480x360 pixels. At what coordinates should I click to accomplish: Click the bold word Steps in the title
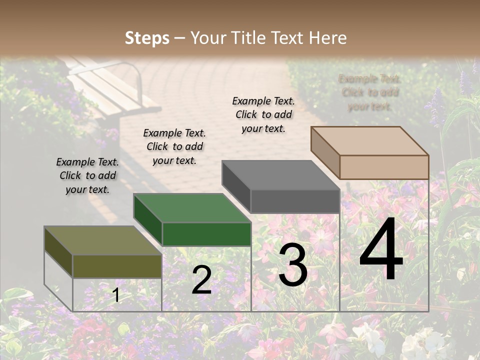pos(146,38)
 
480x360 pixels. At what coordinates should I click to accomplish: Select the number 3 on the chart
pos(292,265)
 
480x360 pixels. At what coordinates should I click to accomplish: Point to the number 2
pos(201,280)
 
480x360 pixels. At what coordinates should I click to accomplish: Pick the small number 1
pos(116,295)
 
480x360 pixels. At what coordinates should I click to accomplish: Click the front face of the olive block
pos(117,266)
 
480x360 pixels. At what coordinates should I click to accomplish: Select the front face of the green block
pos(206,233)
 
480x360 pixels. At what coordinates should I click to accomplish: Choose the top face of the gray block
pos(280,175)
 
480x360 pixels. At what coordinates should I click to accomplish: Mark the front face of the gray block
pos(295,201)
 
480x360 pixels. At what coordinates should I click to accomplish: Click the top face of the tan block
pos(369,140)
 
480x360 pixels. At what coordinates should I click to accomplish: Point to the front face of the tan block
pos(384,166)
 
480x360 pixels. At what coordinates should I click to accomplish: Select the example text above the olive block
pos(87,176)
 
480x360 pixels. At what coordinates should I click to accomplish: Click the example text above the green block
pos(174,146)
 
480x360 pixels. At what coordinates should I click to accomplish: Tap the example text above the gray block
pos(263,114)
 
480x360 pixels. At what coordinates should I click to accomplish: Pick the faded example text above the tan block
pos(369,92)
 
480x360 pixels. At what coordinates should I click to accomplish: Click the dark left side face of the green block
pos(148,220)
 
